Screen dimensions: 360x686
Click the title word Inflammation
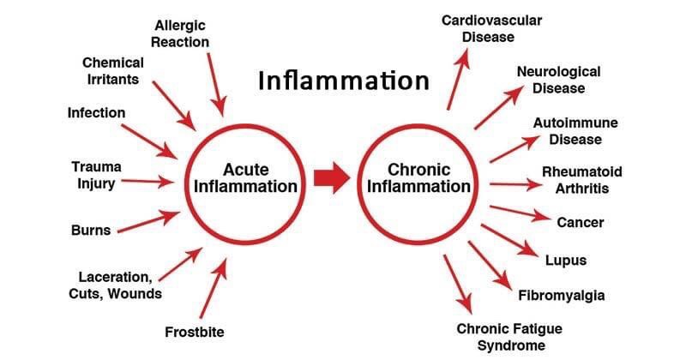point(344,81)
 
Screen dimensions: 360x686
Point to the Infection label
point(96,113)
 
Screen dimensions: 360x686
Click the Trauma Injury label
point(96,175)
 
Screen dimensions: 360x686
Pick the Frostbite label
point(196,331)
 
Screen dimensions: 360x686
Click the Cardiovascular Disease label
point(492,28)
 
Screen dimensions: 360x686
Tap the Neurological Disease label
point(557,80)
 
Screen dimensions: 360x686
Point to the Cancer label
point(581,222)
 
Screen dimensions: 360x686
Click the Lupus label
point(566,260)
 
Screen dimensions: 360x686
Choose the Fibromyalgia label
point(562,296)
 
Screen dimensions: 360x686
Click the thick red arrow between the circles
point(330,178)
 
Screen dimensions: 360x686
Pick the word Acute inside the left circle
point(246,169)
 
